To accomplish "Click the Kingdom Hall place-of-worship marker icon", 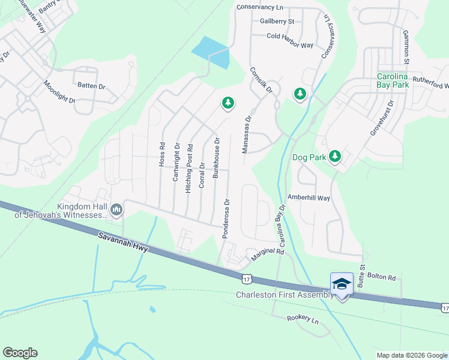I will coord(116,209).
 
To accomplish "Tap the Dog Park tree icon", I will coord(335,157).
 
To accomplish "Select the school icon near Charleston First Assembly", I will coord(342,284).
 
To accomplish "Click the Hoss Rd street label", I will coord(161,154).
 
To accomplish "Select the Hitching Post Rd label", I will coord(189,167).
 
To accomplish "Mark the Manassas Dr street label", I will coord(245,136).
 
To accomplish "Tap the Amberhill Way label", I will coord(309,198).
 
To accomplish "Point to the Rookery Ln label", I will coord(303,319).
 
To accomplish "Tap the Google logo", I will coord(20,353).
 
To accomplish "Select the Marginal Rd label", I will coord(267,254).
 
